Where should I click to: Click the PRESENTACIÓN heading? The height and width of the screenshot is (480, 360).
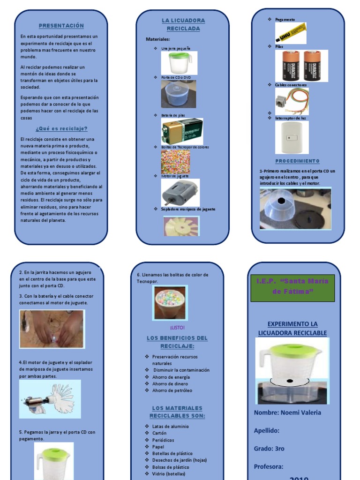point(61,25)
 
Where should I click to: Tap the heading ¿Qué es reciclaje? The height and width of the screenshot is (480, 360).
point(61,128)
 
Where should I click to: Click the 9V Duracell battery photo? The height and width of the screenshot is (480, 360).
point(182,131)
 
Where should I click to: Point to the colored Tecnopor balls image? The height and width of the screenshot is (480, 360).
point(175,162)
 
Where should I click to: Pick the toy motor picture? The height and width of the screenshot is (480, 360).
point(180,192)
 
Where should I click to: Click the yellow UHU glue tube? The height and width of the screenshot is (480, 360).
point(290,32)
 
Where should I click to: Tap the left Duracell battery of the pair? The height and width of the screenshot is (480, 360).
point(290,66)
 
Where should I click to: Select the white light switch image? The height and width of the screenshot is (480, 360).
point(291,137)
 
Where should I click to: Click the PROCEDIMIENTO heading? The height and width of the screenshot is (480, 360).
point(297,161)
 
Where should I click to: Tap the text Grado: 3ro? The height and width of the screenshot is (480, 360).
point(269,449)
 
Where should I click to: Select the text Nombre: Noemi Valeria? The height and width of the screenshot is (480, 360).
point(287,412)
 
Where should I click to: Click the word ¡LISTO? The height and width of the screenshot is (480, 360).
point(177,327)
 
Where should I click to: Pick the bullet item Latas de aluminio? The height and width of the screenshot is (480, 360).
point(171,427)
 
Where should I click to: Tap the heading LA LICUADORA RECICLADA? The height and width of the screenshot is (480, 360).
point(183,24)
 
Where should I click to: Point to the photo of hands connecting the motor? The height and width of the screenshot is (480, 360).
point(52,329)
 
